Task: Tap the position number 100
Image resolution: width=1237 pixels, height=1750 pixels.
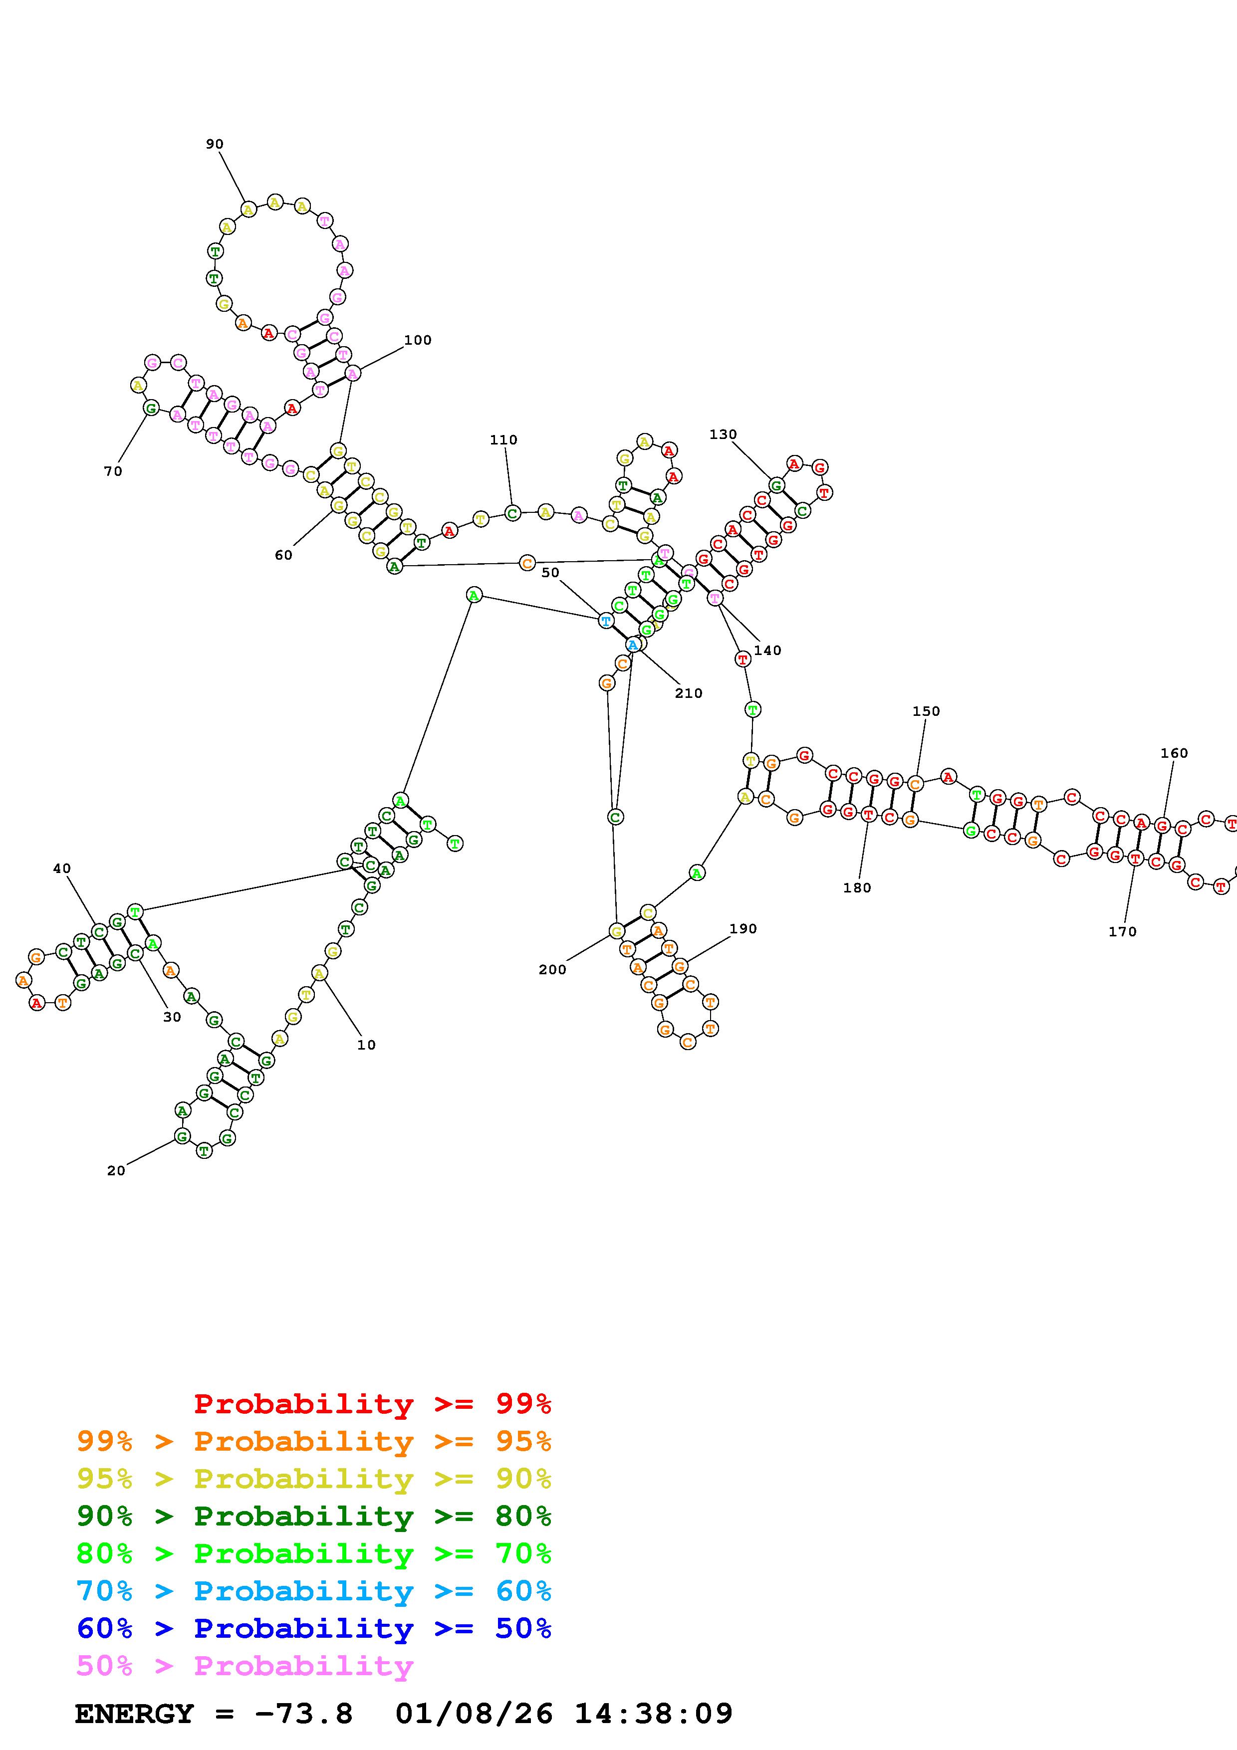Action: click(418, 340)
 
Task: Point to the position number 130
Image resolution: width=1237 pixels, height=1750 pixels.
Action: click(723, 435)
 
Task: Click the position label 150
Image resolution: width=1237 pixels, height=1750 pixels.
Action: click(926, 711)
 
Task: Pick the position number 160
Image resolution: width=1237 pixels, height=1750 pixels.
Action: click(1174, 753)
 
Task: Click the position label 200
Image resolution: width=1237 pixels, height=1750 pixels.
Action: click(552, 969)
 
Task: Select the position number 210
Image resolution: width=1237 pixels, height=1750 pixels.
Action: click(688, 693)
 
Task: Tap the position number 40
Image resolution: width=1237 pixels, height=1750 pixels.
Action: click(62, 868)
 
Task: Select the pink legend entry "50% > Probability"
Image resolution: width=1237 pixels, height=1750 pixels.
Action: click(245, 1665)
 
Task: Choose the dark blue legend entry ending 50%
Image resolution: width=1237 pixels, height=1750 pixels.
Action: click(314, 1628)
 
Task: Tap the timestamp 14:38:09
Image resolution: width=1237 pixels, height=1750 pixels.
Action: click(653, 1714)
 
